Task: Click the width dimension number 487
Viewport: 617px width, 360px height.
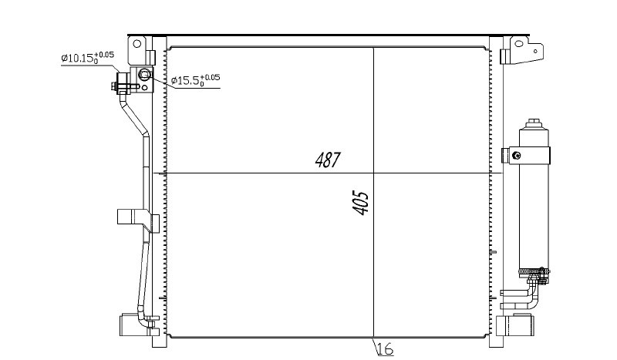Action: click(x=327, y=160)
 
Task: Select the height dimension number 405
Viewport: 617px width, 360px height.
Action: click(x=361, y=203)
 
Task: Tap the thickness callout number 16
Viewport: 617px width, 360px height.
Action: click(x=385, y=348)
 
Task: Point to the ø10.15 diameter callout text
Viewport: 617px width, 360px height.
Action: click(x=87, y=57)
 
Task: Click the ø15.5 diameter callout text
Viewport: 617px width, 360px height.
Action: click(x=196, y=80)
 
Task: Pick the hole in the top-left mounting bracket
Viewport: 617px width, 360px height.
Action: click(x=137, y=43)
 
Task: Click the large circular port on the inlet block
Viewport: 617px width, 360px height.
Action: click(x=145, y=73)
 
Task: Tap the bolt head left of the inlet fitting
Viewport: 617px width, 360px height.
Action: click(x=113, y=86)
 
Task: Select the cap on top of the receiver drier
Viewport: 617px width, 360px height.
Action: click(x=534, y=123)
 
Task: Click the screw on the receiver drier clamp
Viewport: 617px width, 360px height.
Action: click(x=517, y=156)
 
